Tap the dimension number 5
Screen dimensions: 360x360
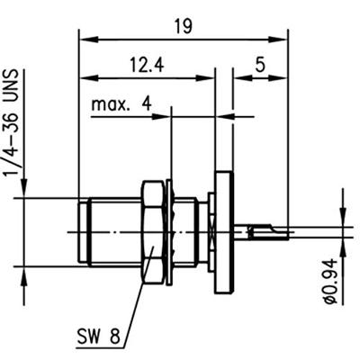coord(260,66)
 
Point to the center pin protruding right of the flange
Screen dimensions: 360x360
coord(261,230)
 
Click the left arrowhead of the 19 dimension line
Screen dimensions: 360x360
coord(85,38)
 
